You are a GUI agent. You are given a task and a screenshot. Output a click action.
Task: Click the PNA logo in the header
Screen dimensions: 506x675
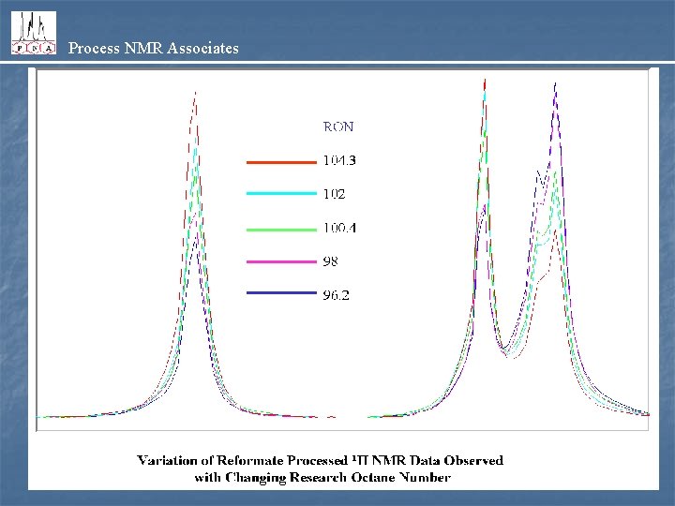pos(33,33)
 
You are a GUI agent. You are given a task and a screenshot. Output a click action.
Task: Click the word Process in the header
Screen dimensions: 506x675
pos(92,48)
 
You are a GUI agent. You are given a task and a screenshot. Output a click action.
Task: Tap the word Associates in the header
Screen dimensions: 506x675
pos(202,48)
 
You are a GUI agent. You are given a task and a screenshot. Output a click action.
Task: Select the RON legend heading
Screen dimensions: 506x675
pos(338,126)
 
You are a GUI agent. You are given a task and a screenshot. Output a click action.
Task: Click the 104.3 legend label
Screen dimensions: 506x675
pos(339,160)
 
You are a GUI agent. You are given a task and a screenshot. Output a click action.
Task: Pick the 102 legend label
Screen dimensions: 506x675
pos(334,194)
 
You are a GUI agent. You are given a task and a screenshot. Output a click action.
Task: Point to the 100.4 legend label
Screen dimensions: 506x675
pos(339,228)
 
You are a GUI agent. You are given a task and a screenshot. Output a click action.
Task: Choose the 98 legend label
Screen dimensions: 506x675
pos(330,261)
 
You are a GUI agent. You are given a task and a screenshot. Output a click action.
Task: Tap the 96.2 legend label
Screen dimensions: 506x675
pos(337,295)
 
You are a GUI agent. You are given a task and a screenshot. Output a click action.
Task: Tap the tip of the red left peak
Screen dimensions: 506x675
pos(195,92)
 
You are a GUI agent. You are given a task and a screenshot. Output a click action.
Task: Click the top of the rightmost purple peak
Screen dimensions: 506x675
pos(556,83)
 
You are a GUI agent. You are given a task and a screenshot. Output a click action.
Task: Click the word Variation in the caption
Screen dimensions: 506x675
pos(168,460)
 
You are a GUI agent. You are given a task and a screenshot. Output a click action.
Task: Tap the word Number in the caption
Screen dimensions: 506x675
pos(422,477)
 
